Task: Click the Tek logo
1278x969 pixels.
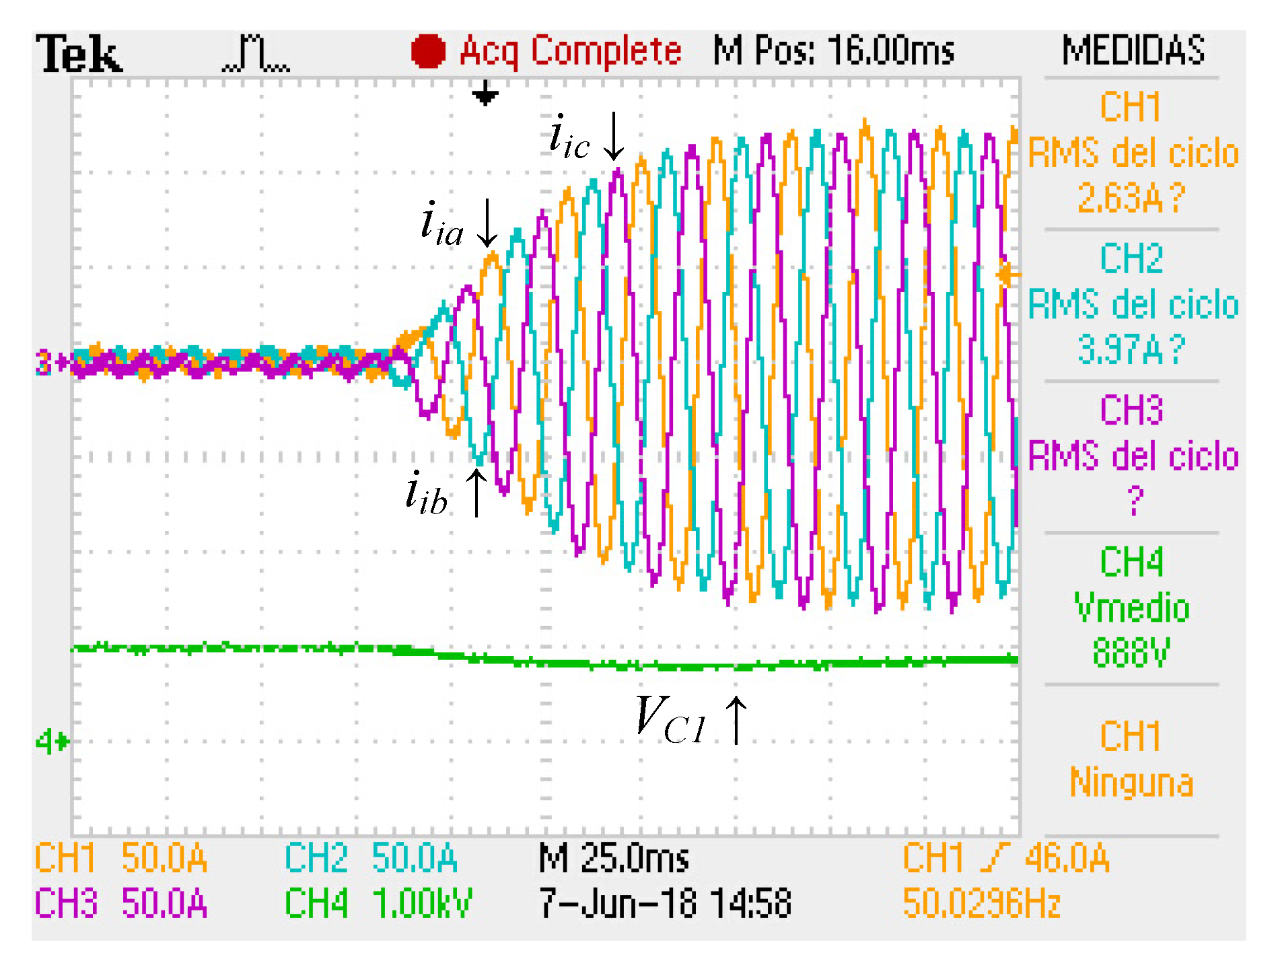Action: (79, 54)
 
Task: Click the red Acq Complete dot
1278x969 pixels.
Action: (428, 51)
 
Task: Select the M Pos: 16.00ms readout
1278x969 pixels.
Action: (833, 50)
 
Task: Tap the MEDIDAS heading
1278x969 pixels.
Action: (1133, 50)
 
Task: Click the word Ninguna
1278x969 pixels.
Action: (1131, 782)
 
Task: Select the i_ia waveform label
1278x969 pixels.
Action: (441, 223)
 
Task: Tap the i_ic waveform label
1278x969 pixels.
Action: (569, 137)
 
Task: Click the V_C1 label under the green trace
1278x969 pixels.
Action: (670, 720)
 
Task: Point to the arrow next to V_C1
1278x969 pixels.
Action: (736, 720)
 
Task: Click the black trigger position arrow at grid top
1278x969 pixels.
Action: (485, 94)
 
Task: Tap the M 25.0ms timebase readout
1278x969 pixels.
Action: (614, 859)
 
